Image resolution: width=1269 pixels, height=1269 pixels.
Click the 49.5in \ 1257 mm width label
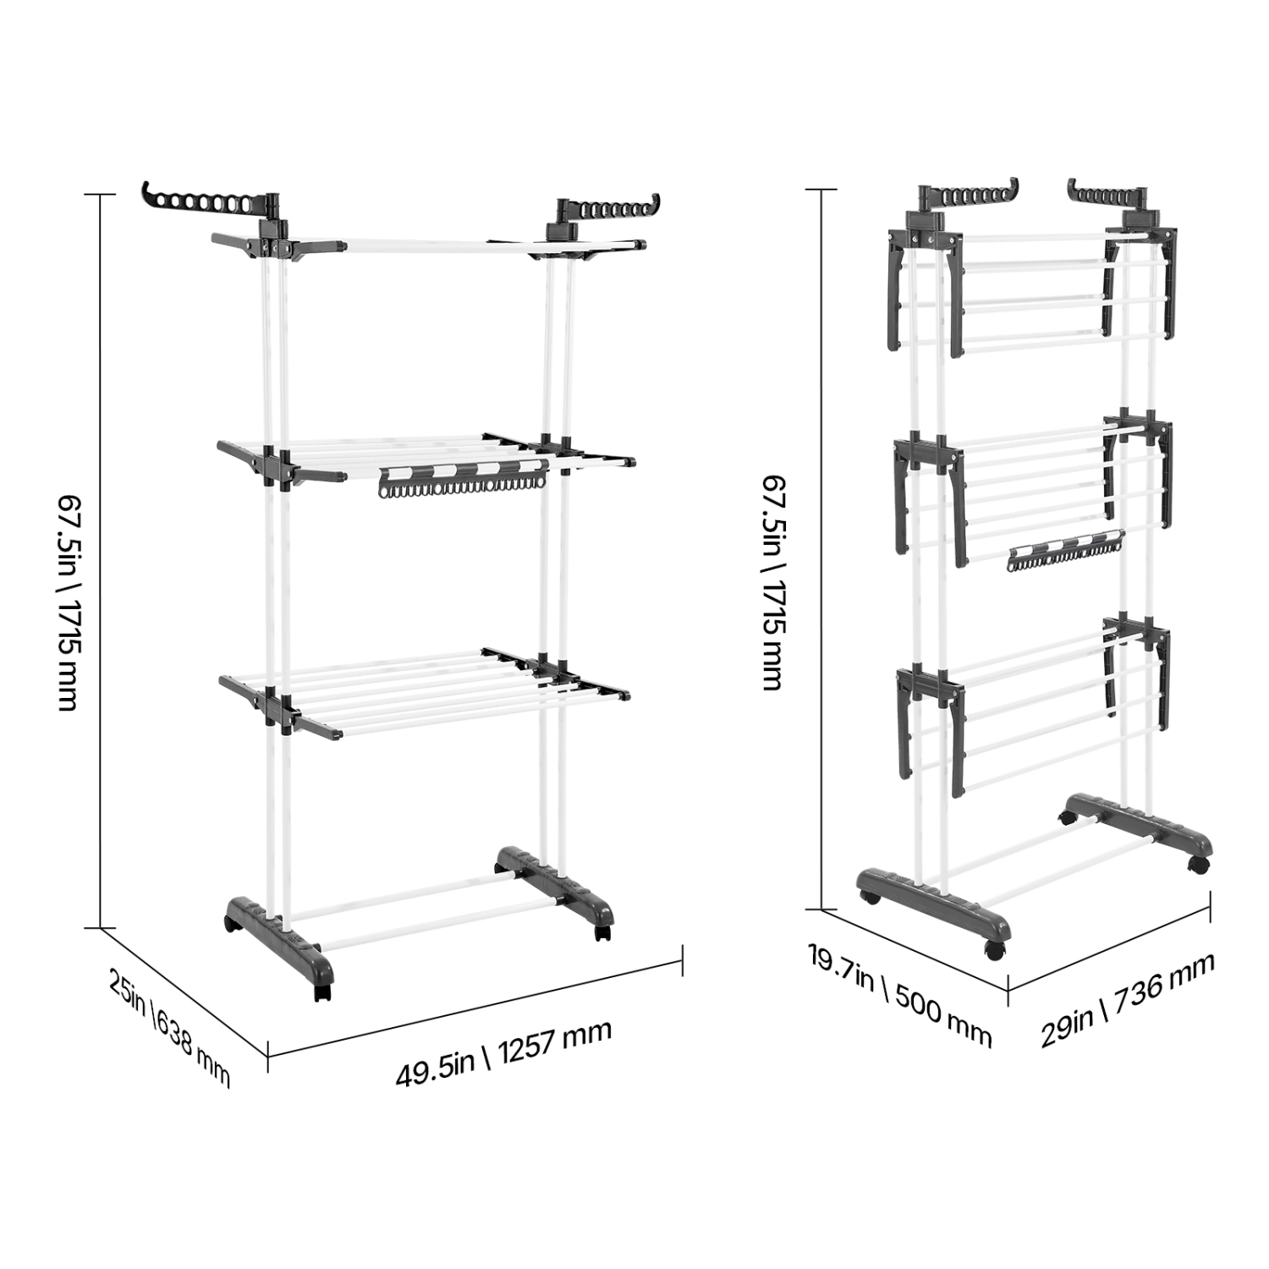[x=503, y=1054]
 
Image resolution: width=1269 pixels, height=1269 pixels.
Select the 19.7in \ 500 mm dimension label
[x=899, y=996]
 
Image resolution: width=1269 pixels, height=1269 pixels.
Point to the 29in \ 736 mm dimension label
[x=1128, y=999]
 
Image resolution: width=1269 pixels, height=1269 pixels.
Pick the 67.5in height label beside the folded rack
[x=772, y=581]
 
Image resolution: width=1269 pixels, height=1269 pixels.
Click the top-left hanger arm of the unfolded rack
[x=203, y=201]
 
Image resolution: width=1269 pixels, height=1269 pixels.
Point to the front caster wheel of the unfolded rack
[x=321, y=990]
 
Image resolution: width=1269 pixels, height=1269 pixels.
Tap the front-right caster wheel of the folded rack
[x=994, y=948]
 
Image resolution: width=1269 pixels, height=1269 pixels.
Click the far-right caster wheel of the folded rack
[x=1198, y=865]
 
